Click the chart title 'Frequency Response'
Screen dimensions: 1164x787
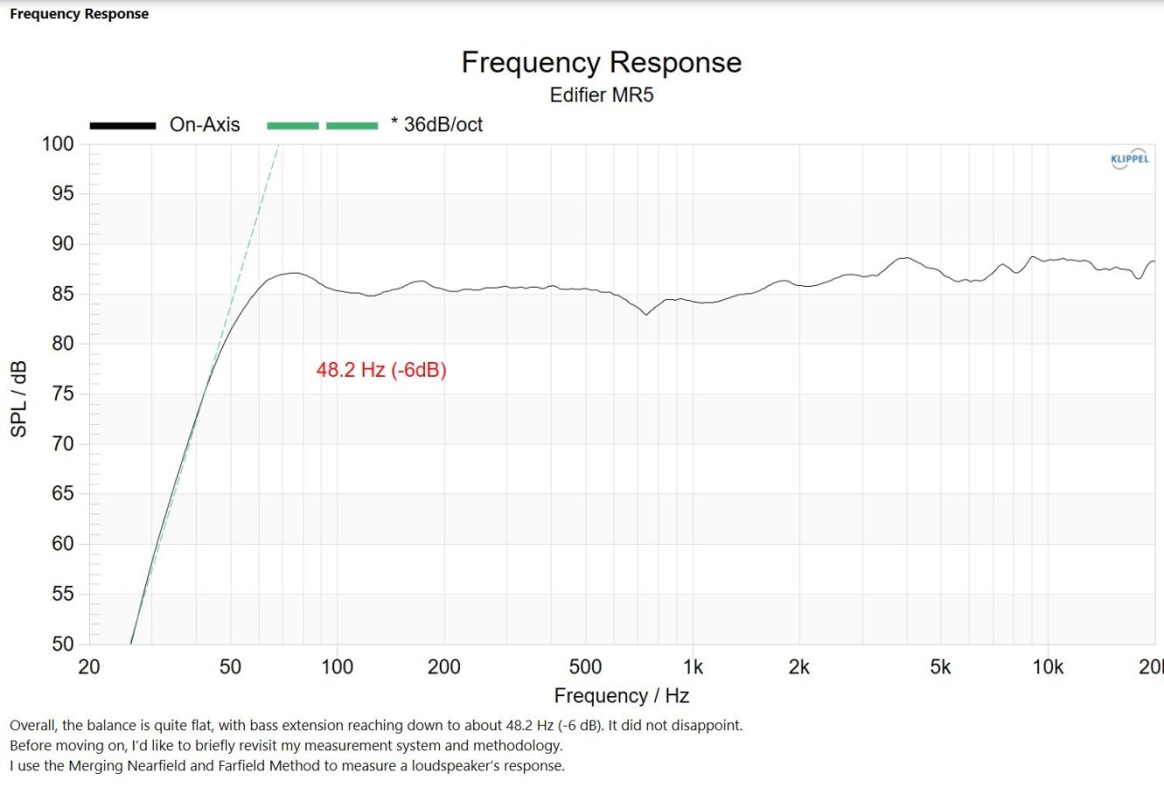tap(601, 62)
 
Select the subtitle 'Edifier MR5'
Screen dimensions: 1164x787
tap(601, 95)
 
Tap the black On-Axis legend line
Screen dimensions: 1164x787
tap(122, 125)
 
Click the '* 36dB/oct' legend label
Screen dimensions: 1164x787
tap(437, 125)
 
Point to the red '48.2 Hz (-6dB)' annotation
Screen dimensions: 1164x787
tap(381, 370)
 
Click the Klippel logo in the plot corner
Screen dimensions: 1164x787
tap(1130, 158)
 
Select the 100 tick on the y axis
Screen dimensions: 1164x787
tap(58, 144)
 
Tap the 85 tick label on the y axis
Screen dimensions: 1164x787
tap(63, 294)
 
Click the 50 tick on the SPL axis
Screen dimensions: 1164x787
tap(63, 644)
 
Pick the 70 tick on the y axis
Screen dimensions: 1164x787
tap(63, 444)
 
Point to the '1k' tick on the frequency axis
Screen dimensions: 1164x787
tap(693, 667)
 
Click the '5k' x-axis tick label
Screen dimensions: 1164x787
tap(940, 667)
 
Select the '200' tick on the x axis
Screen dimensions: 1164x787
tap(443, 667)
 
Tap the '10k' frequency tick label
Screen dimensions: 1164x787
tap(1048, 667)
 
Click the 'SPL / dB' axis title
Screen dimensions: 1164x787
tap(18, 399)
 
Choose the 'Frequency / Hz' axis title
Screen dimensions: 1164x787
tap(622, 695)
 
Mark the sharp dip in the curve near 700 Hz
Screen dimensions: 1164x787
tap(646, 314)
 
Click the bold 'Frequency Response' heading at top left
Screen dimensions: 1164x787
tap(79, 13)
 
